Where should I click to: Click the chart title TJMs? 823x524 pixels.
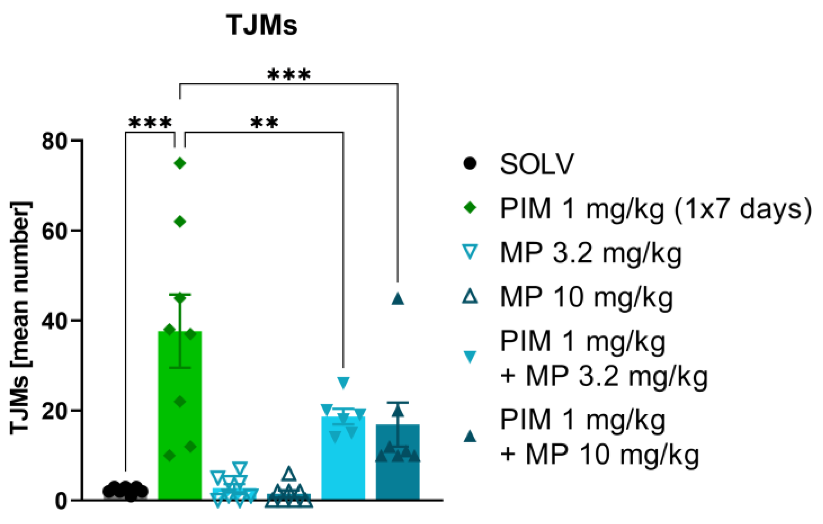coord(262,25)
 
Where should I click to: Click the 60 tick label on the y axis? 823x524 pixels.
coord(55,231)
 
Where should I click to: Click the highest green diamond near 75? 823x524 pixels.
coord(180,163)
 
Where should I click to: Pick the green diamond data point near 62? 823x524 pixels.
coord(180,222)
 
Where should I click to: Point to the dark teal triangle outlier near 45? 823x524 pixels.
coord(397,299)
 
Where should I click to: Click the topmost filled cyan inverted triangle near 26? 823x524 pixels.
coord(343,382)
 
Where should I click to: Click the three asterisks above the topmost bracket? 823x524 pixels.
coord(289,74)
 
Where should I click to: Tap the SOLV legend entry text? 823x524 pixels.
coord(537,164)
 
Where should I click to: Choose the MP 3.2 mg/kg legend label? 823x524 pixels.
coord(591,253)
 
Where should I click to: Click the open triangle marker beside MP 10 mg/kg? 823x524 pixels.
coord(470,296)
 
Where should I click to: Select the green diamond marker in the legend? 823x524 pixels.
coord(470,208)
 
